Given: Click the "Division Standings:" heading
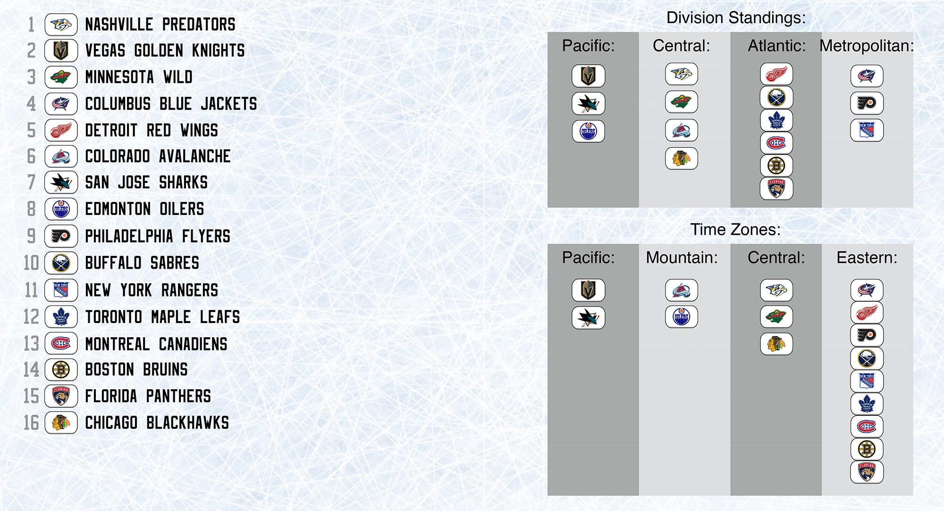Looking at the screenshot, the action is click(x=736, y=18).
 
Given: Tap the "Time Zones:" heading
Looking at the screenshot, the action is click(x=735, y=230).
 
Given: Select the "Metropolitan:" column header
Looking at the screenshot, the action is click(x=867, y=46).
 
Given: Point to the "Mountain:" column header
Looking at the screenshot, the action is click(x=682, y=257).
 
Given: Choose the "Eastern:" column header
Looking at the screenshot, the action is click(x=867, y=257).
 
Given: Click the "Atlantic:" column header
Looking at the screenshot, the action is click(x=777, y=46).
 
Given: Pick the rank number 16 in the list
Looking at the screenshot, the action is click(x=32, y=423).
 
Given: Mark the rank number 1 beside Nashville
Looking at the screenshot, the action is click(x=32, y=25).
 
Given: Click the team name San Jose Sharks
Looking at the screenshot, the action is click(x=146, y=182).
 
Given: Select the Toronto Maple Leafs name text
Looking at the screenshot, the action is click(x=162, y=317).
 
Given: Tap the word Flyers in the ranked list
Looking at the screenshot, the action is click(x=206, y=236).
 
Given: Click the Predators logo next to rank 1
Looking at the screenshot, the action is click(x=61, y=25).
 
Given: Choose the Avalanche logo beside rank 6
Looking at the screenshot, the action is click(x=61, y=156).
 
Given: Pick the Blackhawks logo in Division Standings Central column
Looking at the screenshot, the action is click(x=682, y=158).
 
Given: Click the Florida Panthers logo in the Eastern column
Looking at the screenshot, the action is click(x=867, y=472).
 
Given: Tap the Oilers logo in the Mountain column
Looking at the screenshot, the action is click(x=682, y=316).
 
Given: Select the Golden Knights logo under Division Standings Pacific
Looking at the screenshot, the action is click(x=589, y=76).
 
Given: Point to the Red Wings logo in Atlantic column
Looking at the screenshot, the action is click(x=776, y=74).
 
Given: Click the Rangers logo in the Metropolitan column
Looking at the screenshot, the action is click(x=867, y=130).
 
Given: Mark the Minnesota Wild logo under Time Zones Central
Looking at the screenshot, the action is click(x=776, y=317).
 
